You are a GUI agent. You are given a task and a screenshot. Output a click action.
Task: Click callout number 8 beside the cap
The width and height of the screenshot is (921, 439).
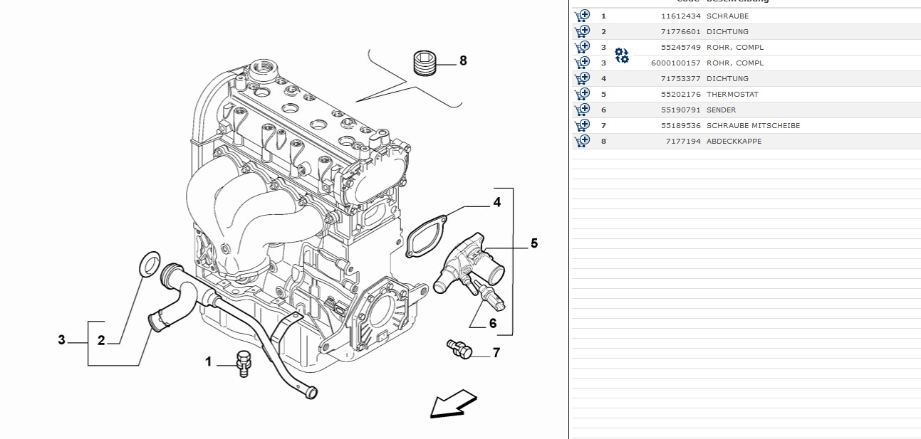point(463,60)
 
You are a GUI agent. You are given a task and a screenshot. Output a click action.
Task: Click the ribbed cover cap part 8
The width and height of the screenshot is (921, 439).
point(425,63)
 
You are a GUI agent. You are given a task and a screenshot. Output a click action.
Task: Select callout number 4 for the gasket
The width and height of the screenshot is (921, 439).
point(496,203)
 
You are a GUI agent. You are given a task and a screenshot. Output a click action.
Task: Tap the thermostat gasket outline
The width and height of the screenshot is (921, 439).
point(426,236)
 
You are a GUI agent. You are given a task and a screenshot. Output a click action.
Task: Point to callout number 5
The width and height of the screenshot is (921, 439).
point(534,243)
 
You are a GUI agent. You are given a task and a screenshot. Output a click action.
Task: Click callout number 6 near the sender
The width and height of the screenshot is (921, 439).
point(492,323)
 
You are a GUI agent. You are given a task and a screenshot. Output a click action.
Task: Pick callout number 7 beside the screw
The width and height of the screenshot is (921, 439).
point(496,352)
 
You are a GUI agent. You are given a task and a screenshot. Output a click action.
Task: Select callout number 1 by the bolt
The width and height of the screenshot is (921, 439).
point(209,362)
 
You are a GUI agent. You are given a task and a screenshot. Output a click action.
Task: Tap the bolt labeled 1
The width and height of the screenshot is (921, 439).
point(244,362)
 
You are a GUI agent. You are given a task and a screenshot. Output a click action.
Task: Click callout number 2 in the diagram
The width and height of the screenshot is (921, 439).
point(101,341)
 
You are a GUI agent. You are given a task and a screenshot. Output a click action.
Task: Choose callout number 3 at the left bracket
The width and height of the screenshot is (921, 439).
point(62,339)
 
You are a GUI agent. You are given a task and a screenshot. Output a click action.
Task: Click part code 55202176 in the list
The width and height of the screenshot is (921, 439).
point(680,94)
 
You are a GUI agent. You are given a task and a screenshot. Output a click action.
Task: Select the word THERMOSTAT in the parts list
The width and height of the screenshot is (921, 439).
point(732,94)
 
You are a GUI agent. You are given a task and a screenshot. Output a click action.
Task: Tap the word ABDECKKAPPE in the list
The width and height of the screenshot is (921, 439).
point(734,141)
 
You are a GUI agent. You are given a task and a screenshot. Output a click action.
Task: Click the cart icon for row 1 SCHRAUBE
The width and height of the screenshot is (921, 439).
point(582,16)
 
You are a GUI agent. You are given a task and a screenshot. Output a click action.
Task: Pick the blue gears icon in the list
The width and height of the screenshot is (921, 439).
point(622,55)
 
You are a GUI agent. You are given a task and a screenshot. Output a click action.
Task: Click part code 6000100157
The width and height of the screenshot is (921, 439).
point(675,63)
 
